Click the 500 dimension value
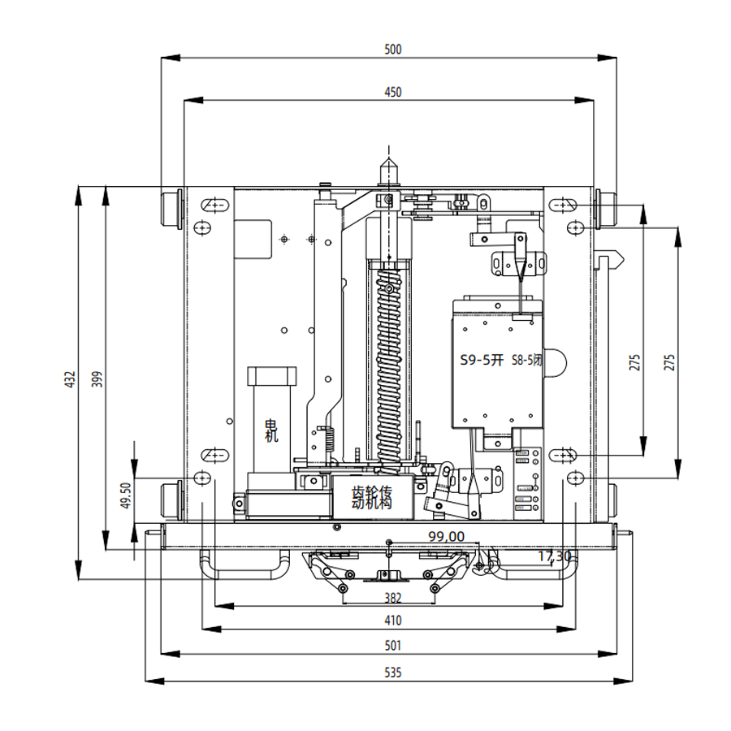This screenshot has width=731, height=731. (x=392, y=50)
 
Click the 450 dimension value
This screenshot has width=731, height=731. (x=392, y=93)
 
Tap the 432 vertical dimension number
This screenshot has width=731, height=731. (x=70, y=379)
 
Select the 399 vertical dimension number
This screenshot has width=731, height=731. (x=97, y=379)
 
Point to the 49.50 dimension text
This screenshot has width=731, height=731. (x=126, y=495)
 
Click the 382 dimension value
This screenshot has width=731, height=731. (x=392, y=598)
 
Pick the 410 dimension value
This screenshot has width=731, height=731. (x=392, y=621)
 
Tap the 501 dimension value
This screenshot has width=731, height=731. (x=392, y=646)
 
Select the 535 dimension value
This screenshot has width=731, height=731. (x=392, y=673)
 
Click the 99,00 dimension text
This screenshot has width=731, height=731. (x=446, y=537)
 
